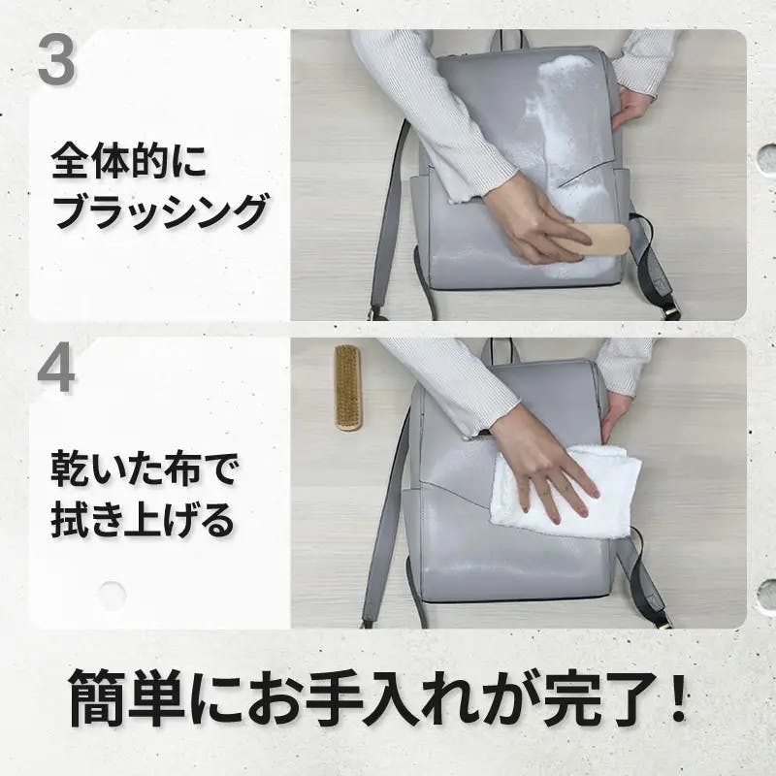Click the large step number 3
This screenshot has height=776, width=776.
coord(56,60)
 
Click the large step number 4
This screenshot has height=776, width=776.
coord(56,370)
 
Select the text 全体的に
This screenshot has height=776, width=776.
coord(129,161)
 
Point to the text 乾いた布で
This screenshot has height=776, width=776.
coord(145,469)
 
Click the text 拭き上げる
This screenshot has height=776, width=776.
coord(142,520)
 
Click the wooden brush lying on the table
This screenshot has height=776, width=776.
coord(348,387)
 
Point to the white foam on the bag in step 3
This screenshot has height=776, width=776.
coord(574,148)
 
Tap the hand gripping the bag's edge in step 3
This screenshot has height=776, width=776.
coord(631,107)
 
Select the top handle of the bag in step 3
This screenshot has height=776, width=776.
coord(506,40)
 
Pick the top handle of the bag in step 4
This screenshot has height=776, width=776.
coord(501,350)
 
